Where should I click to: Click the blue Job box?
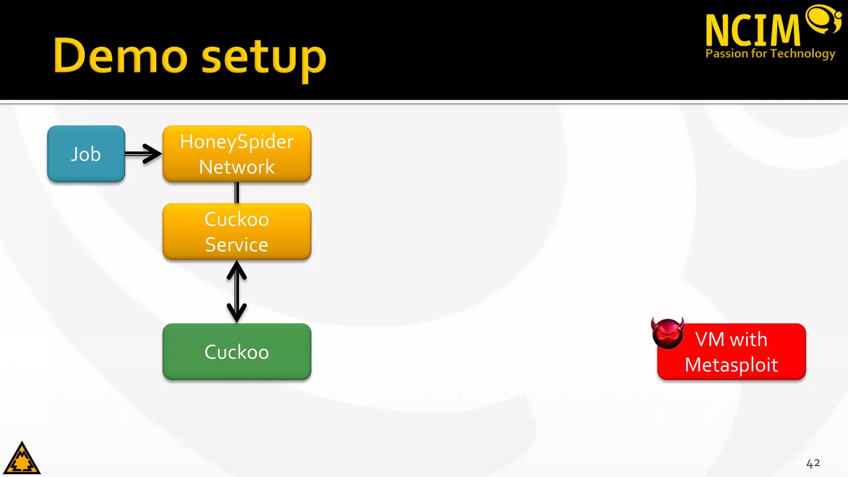tap(86, 154)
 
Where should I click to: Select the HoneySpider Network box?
tap(237, 154)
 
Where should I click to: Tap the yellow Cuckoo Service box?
tap(237, 231)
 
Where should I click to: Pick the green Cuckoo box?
tap(237, 352)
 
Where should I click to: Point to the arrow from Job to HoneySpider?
tap(143, 154)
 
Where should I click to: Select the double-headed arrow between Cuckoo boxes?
tap(237, 291)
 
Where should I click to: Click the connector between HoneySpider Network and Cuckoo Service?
tap(237, 193)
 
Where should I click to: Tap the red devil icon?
tap(667, 333)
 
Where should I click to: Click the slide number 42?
tap(813, 463)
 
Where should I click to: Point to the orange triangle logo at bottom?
tap(22, 459)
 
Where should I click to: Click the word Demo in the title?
tap(120, 56)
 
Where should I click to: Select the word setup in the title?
tap(264, 58)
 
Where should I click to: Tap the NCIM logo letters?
tap(753, 30)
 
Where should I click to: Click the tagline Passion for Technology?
tap(770, 53)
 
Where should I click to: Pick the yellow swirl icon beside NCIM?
tap(823, 19)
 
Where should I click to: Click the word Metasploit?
tap(731, 365)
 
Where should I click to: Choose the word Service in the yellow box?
tap(237, 244)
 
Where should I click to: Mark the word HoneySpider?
tap(237, 142)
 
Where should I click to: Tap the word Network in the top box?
tap(237, 167)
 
